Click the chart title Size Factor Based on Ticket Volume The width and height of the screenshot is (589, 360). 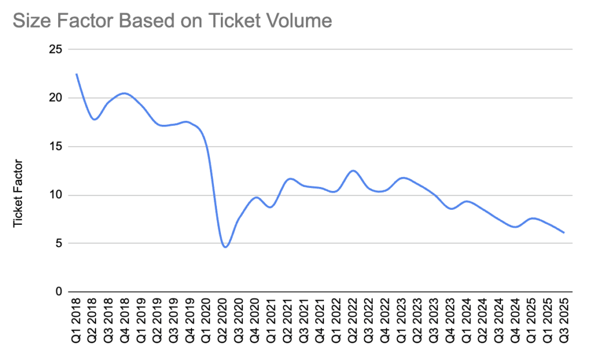click(172, 21)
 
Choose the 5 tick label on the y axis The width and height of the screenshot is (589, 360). click(57, 243)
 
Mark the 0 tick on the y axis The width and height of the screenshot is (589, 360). click(57, 292)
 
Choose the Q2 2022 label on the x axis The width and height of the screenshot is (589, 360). click(353, 323)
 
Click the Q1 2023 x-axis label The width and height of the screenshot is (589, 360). click(403, 323)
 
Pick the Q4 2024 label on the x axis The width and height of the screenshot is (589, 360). click(516, 323)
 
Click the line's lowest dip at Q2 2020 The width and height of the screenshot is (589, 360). click(225, 247)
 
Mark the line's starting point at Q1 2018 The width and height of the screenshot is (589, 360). click(77, 74)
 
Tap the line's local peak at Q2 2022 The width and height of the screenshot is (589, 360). click(353, 171)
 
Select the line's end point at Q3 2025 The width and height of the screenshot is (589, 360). click(564, 233)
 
